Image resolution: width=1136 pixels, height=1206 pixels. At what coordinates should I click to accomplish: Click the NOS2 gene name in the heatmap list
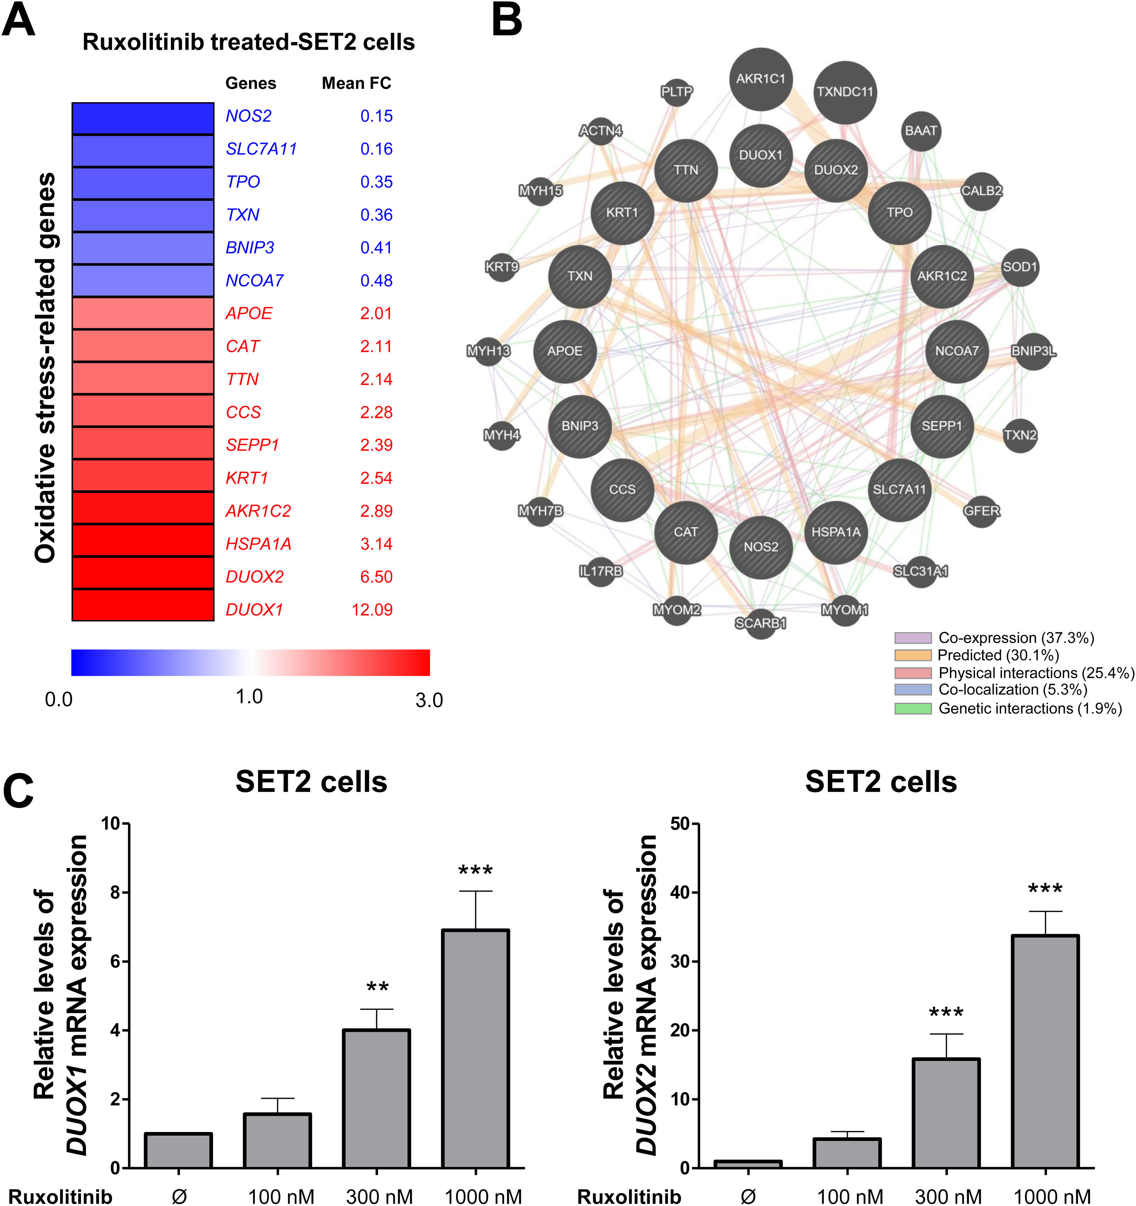pyautogui.click(x=248, y=116)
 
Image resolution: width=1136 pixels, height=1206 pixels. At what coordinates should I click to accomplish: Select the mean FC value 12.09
pyautogui.click(x=372, y=610)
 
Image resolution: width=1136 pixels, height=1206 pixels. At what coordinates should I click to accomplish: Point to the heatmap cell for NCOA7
pyautogui.click(x=143, y=280)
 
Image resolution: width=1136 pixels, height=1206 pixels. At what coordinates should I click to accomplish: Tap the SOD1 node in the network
pyautogui.click(x=1019, y=267)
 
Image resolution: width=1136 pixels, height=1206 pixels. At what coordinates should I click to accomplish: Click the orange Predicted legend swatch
pyautogui.click(x=913, y=655)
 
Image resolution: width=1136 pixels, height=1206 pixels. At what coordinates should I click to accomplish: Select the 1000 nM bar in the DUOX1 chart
pyautogui.click(x=475, y=1049)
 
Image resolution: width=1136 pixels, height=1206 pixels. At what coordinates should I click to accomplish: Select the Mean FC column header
pyautogui.click(x=356, y=83)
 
